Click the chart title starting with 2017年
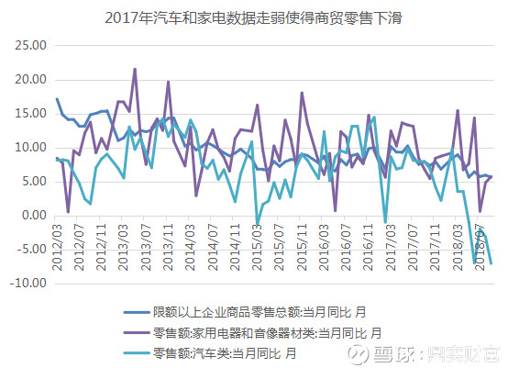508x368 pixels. (x=254, y=17)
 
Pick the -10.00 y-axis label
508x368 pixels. (x=28, y=284)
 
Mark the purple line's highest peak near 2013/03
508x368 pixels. (x=135, y=69)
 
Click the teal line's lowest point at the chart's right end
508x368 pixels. (x=491, y=264)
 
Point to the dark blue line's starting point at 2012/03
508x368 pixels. (x=57, y=99)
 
